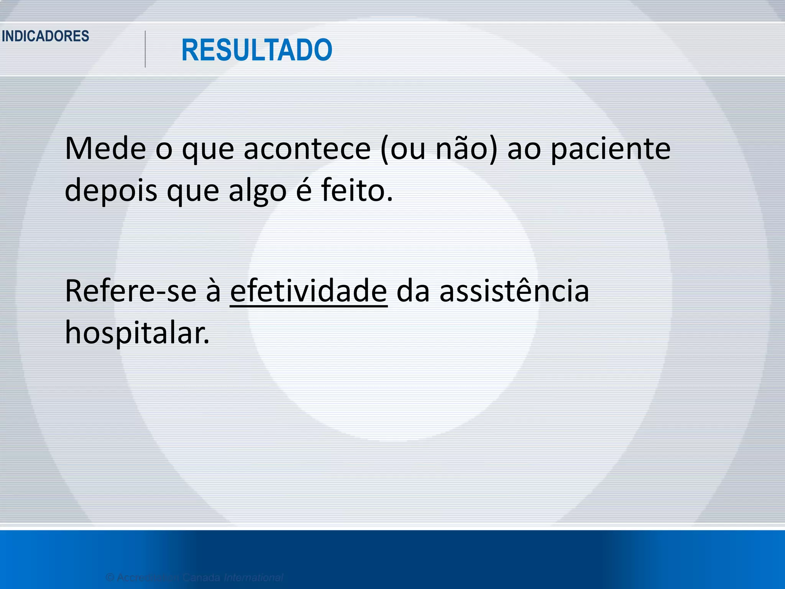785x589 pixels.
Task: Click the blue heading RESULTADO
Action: click(x=256, y=50)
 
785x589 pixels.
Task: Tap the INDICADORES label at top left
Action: click(x=46, y=36)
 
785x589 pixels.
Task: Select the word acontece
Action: click(x=307, y=148)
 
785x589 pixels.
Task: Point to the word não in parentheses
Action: click(x=466, y=148)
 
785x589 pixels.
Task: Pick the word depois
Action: click(x=111, y=191)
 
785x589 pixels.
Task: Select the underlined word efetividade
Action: click(x=309, y=291)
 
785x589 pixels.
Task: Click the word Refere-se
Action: click(x=131, y=291)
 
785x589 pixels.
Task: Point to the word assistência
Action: click(x=514, y=291)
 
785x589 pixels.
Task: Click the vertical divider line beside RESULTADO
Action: click(x=145, y=49)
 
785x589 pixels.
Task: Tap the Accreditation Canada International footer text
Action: click(x=194, y=577)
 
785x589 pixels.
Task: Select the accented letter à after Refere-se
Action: click(x=213, y=291)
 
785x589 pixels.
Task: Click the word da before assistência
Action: click(x=413, y=291)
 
